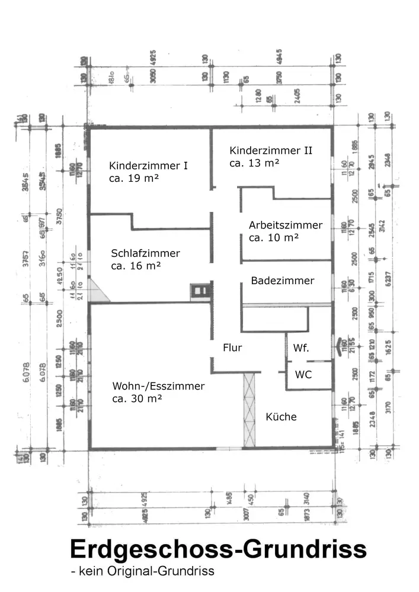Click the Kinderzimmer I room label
(149, 166)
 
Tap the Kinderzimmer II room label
(271, 150)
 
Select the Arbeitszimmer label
(286, 225)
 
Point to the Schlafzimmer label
(145, 253)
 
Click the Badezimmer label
(282, 281)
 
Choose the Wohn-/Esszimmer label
(158, 387)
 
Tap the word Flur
(232, 348)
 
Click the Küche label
(281, 417)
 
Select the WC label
(303, 375)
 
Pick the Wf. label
(301, 348)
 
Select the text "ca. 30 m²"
(137, 399)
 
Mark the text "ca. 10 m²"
(273, 237)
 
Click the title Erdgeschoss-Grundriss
(218, 549)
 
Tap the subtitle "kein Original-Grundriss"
(142, 571)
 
